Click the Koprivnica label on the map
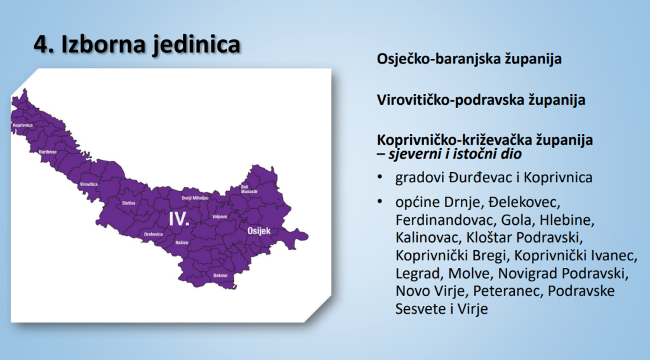click(22, 126)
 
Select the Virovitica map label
click(90, 184)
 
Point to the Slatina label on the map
click(129, 203)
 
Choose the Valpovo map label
click(220, 217)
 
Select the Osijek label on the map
click(258, 231)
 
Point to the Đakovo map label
click(220, 275)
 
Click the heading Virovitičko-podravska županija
click(481, 100)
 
